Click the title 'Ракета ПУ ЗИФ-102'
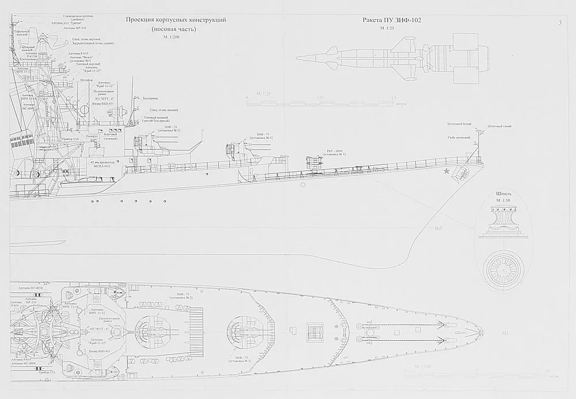coord(392,20)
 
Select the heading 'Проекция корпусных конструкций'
coord(176,20)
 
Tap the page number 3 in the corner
coord(559,22)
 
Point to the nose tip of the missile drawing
coord(297,58)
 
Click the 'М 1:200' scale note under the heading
coord(171,37)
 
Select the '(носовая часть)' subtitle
coord(173,29)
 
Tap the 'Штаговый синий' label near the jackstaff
coord(499,126)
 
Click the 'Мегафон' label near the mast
coord(86,80)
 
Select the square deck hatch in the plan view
coord(314,330)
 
